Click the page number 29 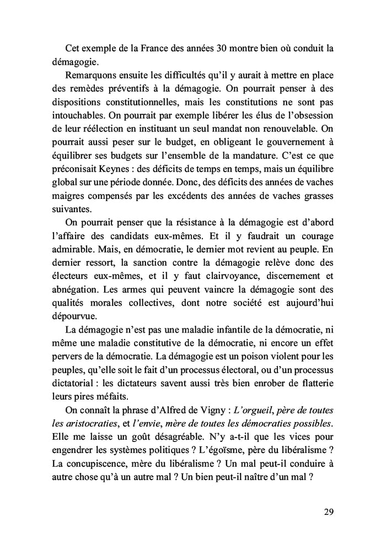[328, 512]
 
